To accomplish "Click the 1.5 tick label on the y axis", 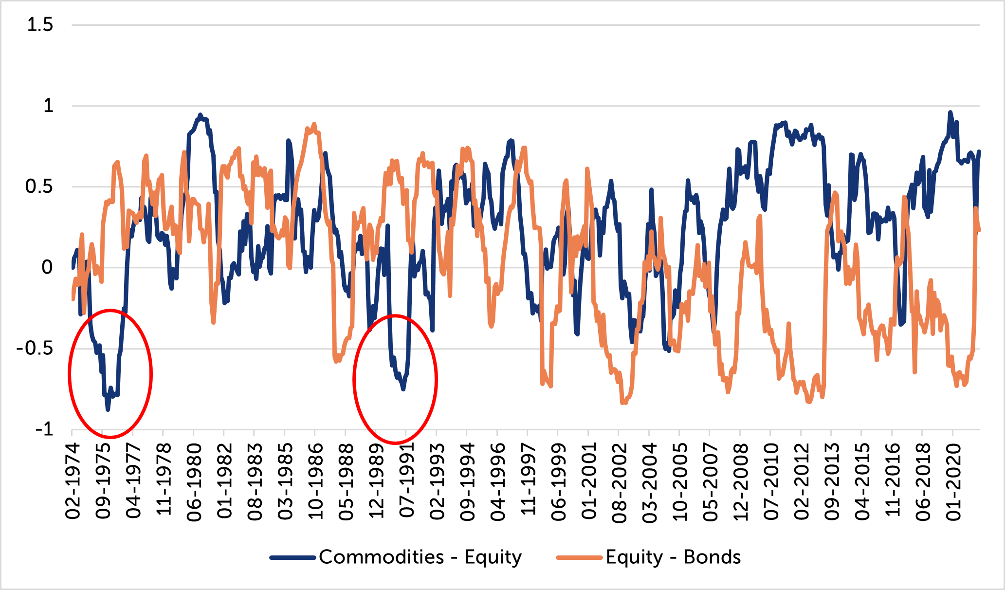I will pyautogui.click(x=40, y=24).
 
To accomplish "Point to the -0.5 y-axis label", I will pyautogui.click(x=35, y=349).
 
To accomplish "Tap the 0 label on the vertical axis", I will pyautogui.click(x=47, y=267).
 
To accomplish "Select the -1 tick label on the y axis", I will pyautogui.click(x=44, y=429).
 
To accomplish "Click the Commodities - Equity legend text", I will pyautogui.click(x=420, y=557).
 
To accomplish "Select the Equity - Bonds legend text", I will pyautogui.click(x=673, y=557).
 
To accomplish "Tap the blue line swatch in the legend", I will pyautogui.click(x=293, y=557).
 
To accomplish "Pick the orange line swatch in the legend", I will pyautogui.click(x=580, y=557).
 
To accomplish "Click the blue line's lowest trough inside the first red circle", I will pyautogui.click(x=108, y=410).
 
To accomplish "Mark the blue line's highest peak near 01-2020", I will pyautogui.click(x=950, y=112).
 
